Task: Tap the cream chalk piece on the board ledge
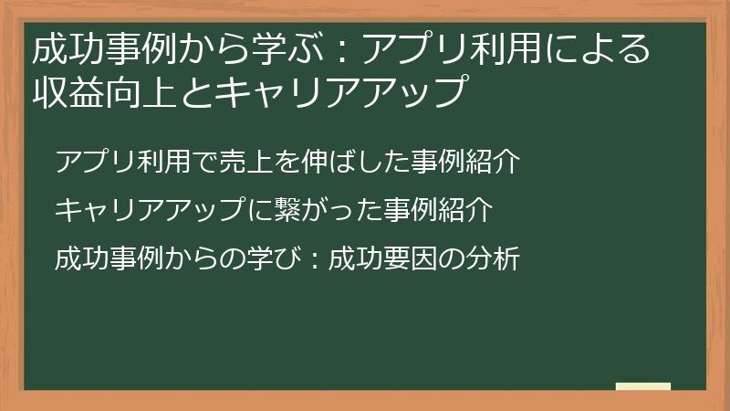tap(642, 386)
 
